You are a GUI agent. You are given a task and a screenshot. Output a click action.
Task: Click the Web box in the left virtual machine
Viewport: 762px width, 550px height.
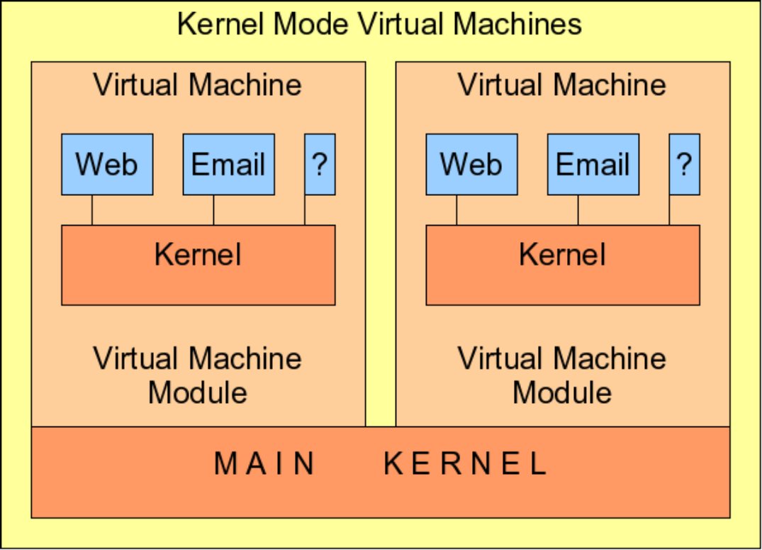coord(107,164)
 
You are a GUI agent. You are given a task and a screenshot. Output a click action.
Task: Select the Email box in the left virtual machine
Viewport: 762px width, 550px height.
coord(228,164)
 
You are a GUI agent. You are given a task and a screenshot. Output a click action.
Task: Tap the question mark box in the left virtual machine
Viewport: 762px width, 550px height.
coord(320,164)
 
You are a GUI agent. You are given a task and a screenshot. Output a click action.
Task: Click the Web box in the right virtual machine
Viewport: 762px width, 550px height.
coord(471,164)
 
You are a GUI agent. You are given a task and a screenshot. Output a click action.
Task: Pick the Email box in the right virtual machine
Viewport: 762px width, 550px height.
coord(593,164)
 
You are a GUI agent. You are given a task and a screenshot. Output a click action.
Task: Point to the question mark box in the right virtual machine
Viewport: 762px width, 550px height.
coord(684,164)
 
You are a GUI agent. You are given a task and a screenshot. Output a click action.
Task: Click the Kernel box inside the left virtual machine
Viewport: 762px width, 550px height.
coord(198,265)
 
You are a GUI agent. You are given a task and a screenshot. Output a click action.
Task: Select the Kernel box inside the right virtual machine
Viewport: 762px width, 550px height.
coord(562,265)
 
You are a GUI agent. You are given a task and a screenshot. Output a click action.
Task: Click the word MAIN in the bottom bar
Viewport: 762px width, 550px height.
coord(265,463)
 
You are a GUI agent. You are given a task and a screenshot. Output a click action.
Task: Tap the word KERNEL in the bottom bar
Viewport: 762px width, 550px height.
coord(466,463)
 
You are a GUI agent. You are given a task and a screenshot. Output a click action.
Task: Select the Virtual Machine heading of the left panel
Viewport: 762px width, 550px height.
coord(198,85)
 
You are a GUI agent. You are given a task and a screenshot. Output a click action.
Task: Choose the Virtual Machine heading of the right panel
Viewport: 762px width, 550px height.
coord(562,85)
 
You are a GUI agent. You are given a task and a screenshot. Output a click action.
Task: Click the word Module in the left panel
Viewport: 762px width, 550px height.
coord(198,392)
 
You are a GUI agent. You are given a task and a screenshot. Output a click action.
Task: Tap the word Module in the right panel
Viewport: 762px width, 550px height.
coord(562,392)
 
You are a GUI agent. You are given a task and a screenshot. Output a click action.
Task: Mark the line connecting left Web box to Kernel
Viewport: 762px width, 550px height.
coord(92,210)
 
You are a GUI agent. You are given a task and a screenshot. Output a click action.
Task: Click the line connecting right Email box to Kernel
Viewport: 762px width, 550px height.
coord(578,210)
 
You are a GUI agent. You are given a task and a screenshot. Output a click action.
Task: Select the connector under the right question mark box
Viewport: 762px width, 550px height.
coord(669,210)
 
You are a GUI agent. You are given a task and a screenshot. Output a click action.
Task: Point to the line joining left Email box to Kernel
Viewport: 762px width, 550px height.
coord(213,210)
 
